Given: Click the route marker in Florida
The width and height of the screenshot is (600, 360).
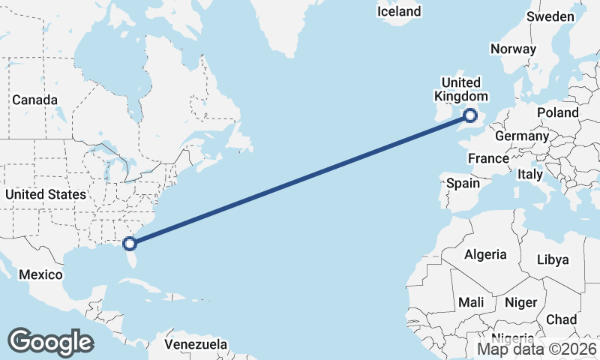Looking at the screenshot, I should coord(130,243).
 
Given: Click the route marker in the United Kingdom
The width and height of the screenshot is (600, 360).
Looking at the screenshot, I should coord(470,115).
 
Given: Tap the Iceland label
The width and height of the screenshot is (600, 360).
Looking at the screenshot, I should coord(399,11).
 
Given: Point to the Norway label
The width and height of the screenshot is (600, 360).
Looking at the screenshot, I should coord(513,49).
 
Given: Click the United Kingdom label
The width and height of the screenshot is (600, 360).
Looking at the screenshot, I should coord(461,89).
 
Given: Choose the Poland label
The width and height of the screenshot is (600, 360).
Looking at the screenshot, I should coord(557,112).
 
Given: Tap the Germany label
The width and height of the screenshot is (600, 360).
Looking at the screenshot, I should coord(522,136).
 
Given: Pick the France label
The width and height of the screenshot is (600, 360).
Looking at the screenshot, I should coord(488,158).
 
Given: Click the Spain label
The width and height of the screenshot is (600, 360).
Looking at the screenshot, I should coord(463,183).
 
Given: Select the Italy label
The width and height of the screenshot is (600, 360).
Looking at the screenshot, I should coord(529,174).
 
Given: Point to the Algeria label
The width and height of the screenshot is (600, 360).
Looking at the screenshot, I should coord(485,255).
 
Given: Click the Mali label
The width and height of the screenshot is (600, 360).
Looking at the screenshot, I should coord(471,302).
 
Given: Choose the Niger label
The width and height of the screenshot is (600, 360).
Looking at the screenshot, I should coord(522,302).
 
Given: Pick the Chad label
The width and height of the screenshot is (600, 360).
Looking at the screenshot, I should coord(561,319).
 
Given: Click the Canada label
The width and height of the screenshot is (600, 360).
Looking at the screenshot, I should coord(34,100).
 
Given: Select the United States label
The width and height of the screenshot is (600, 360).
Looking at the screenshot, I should coord(45,194).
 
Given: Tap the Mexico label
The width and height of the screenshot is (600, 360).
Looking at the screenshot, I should coord(40,274).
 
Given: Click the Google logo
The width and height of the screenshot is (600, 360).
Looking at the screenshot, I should coord(50,342).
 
